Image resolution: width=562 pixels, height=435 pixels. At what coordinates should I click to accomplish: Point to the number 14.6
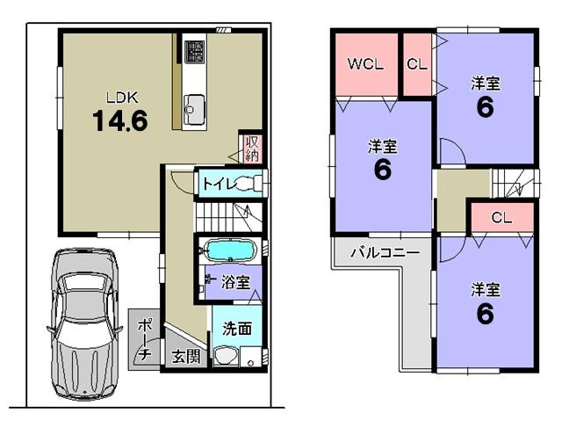click(x=120, y=120)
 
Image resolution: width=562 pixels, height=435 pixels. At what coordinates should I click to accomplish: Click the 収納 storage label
click(x=251, y=149)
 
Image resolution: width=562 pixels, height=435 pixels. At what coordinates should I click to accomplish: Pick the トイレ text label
click(x=215, y=184)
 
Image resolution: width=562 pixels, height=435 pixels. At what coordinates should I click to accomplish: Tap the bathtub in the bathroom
click(x=228, y=250)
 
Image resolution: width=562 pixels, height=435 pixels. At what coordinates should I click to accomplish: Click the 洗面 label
click(x=236, y=329)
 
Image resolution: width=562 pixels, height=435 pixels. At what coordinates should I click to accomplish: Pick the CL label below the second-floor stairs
click(x=501, y=217)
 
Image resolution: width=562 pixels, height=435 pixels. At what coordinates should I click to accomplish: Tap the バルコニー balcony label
click(x=385, y=252)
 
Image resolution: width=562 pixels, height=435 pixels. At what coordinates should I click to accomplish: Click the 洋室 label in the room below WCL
click(x=382, y=145)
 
